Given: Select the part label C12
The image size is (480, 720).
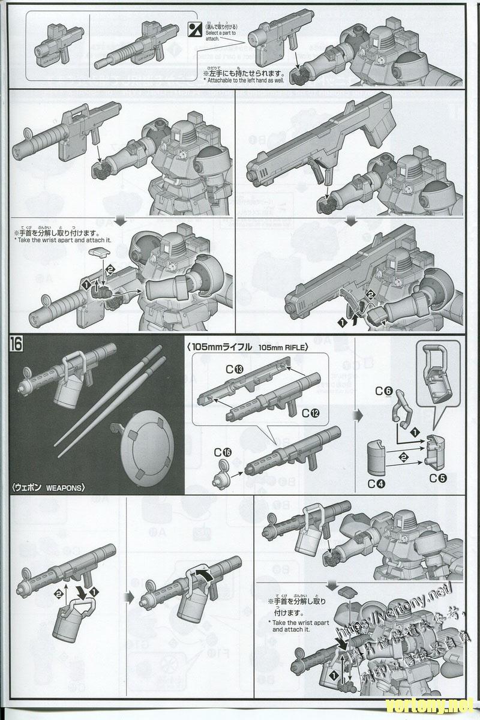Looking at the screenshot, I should click(310, 413).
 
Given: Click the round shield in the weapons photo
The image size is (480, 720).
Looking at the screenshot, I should click(146, 444).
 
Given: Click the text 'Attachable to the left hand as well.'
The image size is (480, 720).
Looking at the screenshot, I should click(244, 80).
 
